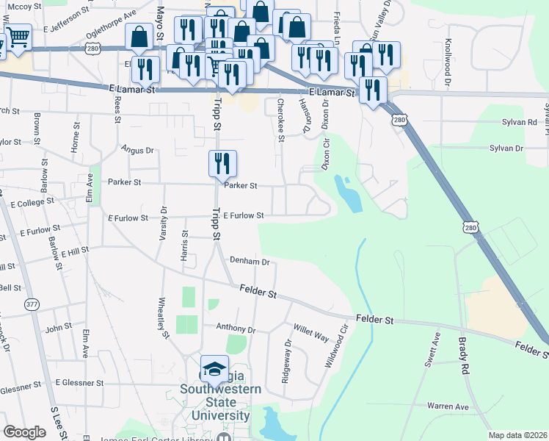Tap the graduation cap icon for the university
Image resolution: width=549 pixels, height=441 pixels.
pyautogui.click(x=214, y=369)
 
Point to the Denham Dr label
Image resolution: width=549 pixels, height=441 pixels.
pyautogui.click(x=250, y=261)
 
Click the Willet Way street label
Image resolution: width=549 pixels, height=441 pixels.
pyautogui.click(x=311, y=332)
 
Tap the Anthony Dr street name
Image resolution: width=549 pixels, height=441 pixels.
pyautogui.click(x=235, y=329)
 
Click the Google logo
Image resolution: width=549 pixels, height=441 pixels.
pyautogui.click(x=24, y=432)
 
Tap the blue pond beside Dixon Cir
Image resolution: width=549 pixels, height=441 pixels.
pyautogui.click(x=349, y=194)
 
